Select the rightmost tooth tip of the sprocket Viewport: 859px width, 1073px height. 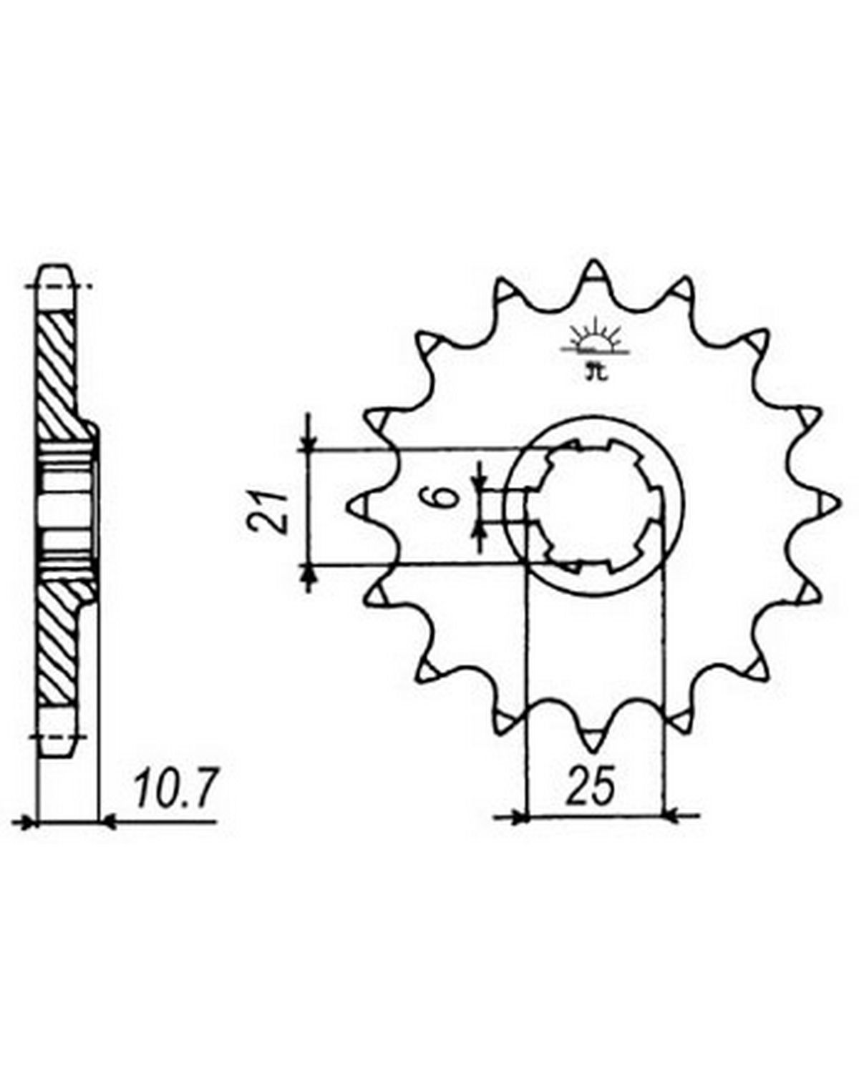click(840, 506)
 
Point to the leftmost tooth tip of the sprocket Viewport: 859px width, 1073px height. click(348, 506)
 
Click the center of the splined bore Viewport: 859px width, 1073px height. click(594, 506)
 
